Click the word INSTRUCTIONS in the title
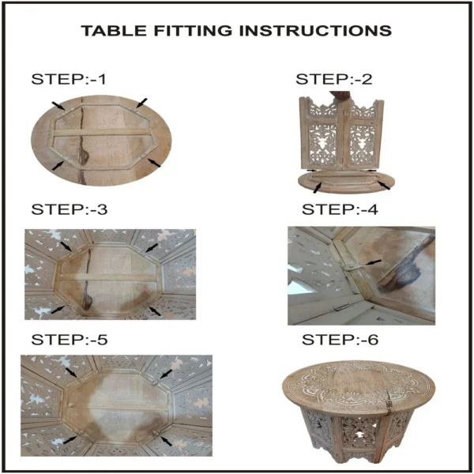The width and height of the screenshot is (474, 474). [320, 31]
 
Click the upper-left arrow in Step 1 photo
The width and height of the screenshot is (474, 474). [58, 106]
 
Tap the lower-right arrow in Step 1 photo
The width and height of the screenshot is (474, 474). [154, 162]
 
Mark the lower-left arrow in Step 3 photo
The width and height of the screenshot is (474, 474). [58, 310]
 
